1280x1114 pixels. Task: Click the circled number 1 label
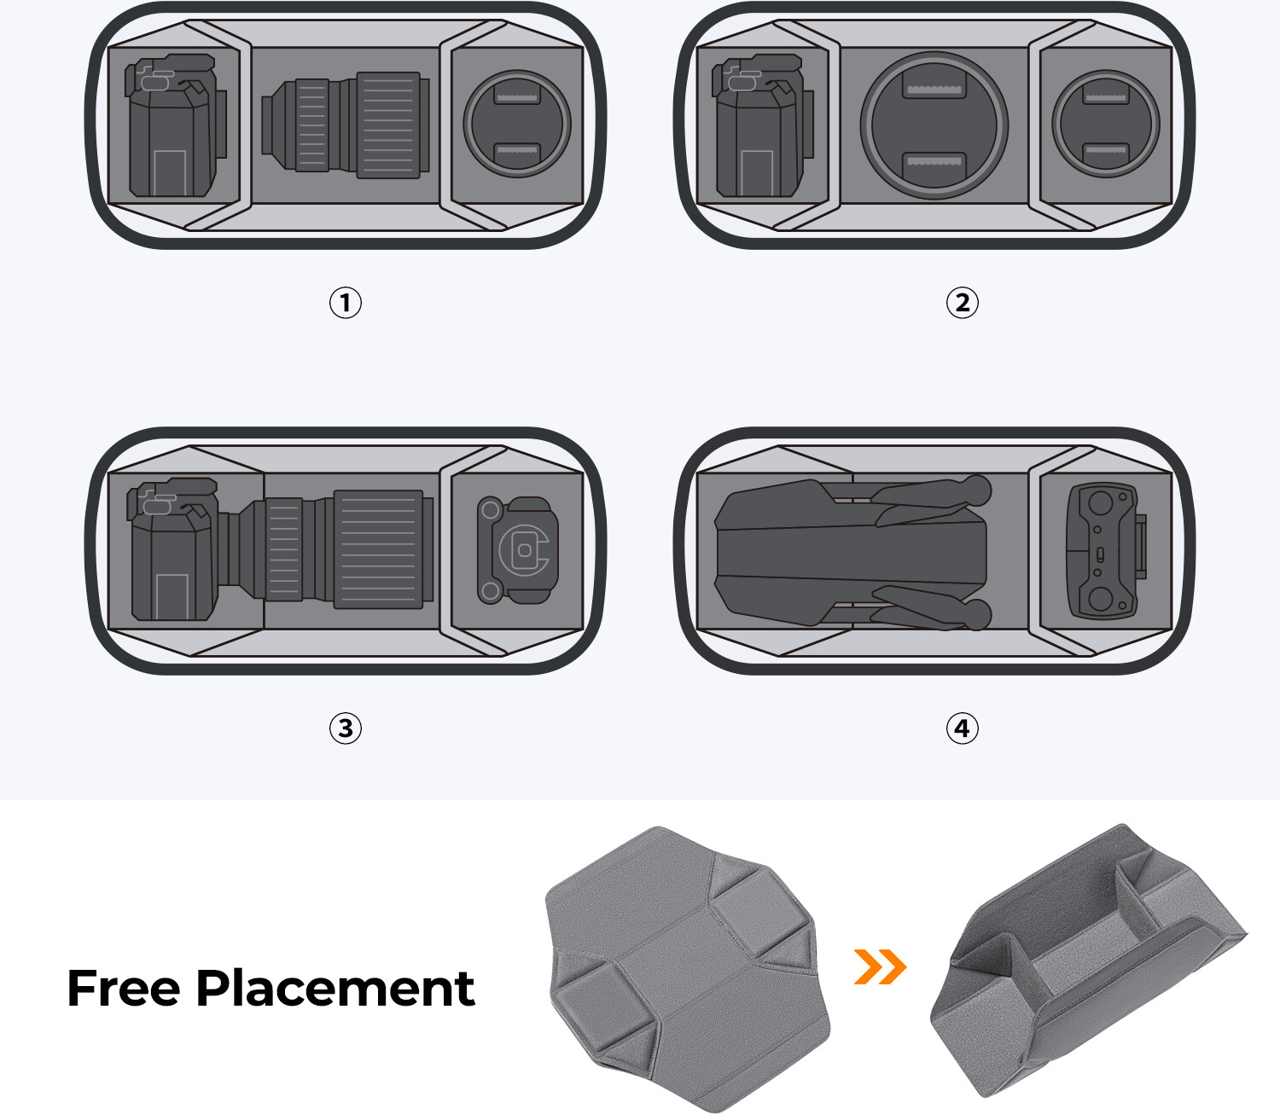point(346,303)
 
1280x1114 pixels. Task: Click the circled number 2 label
point(962,303)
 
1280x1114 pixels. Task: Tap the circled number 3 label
point(346,728)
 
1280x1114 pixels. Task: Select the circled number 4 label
point(962,728)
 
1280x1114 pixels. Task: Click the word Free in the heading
point(123,989)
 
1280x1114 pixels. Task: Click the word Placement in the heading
point(335,989)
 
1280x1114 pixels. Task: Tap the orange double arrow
point(880,966)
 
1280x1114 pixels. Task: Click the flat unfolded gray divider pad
point(688,968)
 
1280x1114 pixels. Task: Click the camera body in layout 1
point(175,125)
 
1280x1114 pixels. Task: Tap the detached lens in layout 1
point(346,125)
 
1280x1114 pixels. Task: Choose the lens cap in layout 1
point(517,124)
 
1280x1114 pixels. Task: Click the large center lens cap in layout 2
point(934,125)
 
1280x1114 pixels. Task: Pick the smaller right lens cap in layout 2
point(1105,124)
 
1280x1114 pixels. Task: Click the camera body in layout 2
point(763,125)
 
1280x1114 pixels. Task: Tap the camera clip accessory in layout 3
point(517,550)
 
